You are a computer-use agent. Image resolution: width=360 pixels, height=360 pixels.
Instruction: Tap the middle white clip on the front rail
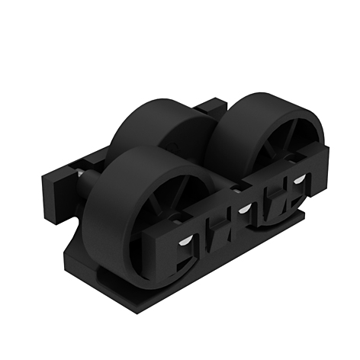245,207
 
